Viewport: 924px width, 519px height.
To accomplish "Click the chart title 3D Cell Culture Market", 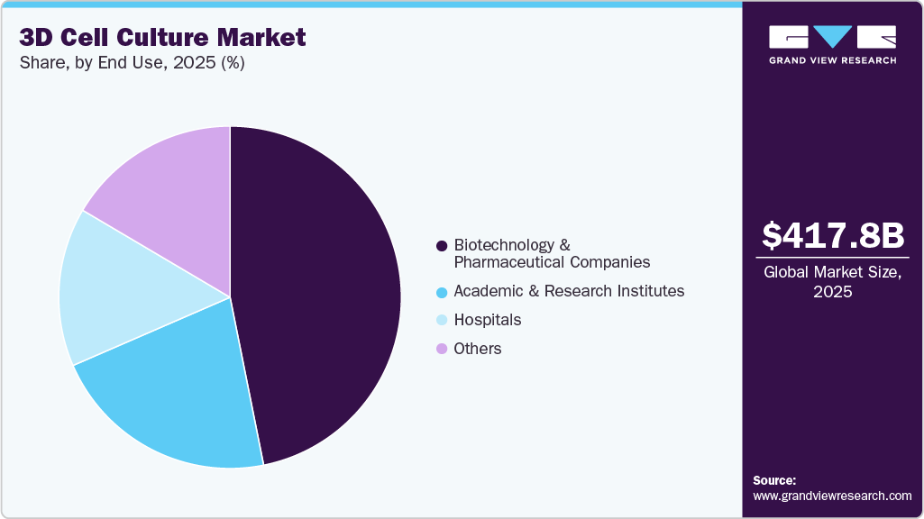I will (163, 37).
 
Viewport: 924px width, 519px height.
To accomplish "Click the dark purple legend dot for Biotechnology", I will (442, 246).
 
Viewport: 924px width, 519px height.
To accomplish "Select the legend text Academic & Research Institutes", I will (569, 291).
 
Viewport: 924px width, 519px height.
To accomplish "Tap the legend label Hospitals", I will (487, 320).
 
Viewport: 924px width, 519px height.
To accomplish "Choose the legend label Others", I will (478, 349).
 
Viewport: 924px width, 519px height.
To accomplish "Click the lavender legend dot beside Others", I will (442, 349).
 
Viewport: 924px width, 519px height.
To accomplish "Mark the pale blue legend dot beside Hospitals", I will (442, 320).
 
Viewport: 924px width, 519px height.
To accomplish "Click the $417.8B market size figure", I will (832, 236).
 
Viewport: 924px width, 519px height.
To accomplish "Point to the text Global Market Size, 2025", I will (832, 283).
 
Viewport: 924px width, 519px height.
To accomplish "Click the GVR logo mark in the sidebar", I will (832, 37).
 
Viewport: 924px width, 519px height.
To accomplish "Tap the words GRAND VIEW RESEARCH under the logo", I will (832, 60).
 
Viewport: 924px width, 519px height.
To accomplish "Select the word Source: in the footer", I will (774, 480).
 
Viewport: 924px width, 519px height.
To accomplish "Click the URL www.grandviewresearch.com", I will (832, 496).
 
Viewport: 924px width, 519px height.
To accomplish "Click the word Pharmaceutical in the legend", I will (517, 262).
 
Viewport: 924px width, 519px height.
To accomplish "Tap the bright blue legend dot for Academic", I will (442, 292).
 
